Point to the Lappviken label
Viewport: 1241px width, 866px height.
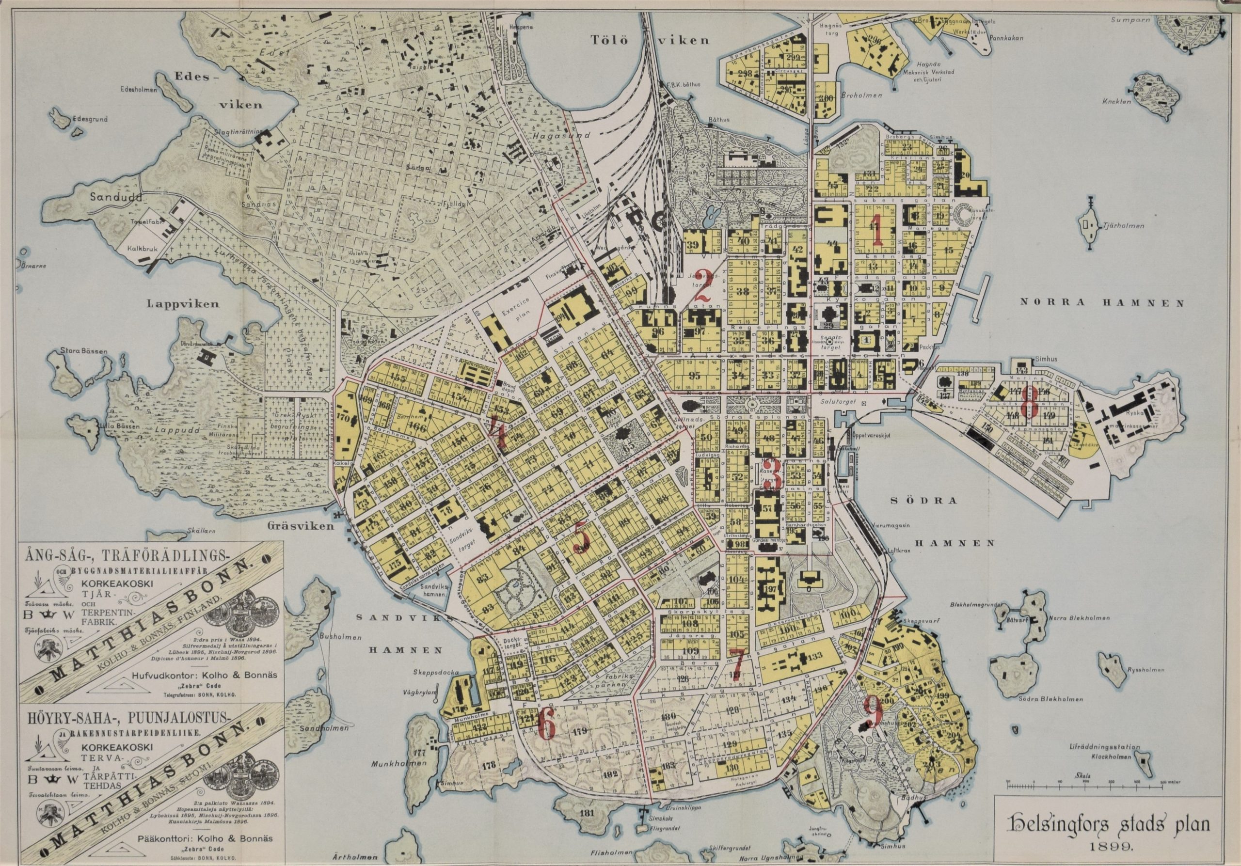tap(183, 304)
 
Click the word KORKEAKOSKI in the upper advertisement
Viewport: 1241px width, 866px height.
tap(117, 583)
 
